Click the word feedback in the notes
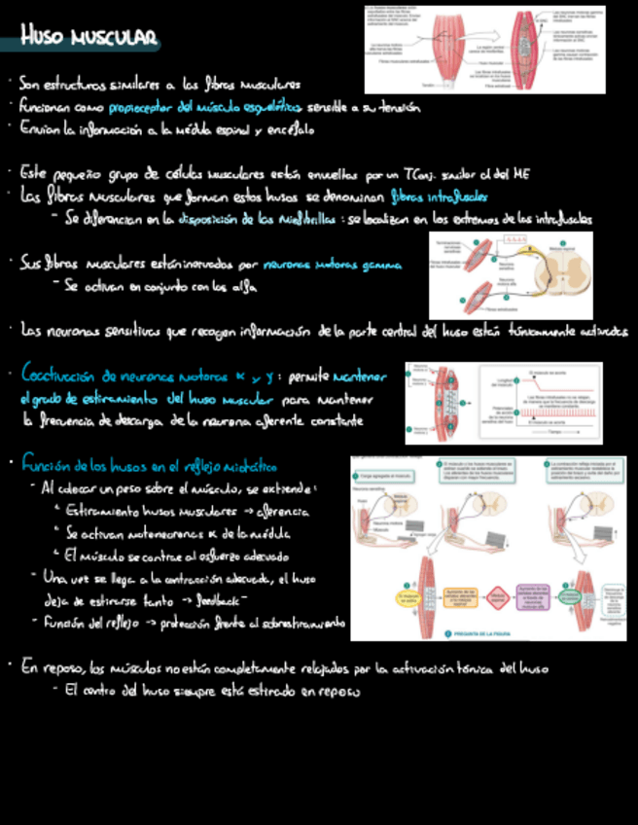pos(222,601)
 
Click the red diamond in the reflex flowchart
pos(498,595)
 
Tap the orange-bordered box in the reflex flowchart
pos(455,595)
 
